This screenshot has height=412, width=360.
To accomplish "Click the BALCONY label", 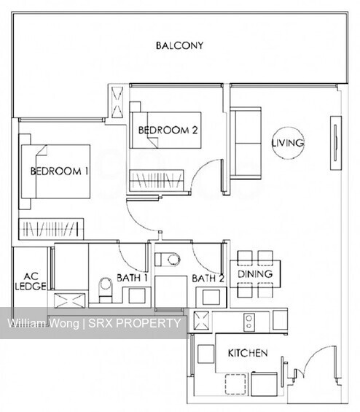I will point(179,45).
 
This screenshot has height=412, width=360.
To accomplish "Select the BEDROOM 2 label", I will point(168,131).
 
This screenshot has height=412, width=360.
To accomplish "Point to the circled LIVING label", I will point(287,143).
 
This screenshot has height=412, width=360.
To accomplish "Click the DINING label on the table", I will point(255,274).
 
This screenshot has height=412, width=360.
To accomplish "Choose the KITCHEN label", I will point(247,353).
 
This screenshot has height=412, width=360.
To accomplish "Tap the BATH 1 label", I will point(133,278).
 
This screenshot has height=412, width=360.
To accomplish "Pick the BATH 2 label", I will point(208,278).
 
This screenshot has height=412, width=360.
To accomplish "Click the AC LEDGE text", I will point(30,281).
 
